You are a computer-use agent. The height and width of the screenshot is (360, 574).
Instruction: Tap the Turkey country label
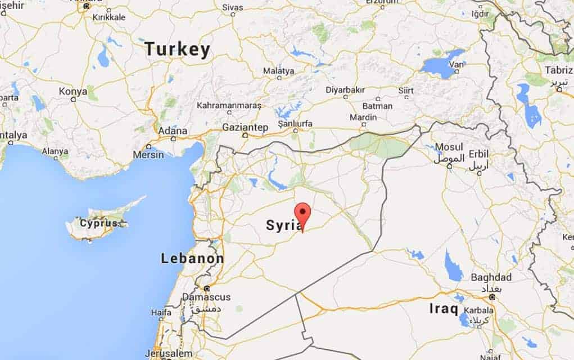point(177,49)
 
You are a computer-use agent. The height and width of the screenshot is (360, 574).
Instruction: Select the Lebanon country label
point(192,259)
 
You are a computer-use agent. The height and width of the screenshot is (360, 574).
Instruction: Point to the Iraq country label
point(444,308)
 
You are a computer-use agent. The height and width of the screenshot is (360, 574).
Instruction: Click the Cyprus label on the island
point(99,223)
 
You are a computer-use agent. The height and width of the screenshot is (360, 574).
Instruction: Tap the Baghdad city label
point(491,277)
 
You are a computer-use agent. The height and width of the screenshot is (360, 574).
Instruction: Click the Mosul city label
point(449,147)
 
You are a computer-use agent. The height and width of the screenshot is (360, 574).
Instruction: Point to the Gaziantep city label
point(245,127)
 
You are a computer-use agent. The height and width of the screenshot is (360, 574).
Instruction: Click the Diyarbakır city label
point(345,90)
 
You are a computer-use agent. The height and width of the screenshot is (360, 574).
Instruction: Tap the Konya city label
point(73,91)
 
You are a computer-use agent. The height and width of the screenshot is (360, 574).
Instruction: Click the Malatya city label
point(278,71)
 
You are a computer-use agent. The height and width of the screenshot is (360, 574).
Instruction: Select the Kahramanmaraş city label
point(229,106)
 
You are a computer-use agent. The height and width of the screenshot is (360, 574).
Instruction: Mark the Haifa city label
point(161,312)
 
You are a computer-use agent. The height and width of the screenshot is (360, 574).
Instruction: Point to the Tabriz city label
point(558,70)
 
